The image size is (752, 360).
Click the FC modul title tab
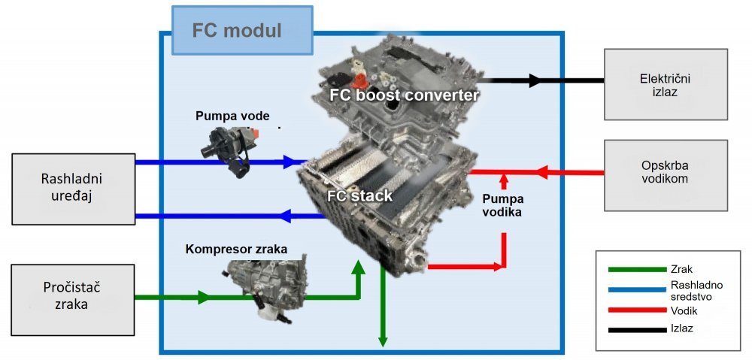[242, 30]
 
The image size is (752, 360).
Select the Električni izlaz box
[666, 84]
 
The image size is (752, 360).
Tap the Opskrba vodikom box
[666, 175]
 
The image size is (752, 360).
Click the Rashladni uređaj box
[73, 189]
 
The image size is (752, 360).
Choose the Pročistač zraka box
[73, 300]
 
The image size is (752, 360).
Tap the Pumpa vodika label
[503, 205]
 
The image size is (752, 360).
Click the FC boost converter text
[405, 95]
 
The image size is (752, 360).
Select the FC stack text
[359, 195]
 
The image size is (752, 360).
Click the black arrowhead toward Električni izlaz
[534, 80]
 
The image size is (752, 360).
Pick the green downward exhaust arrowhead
[383, 340]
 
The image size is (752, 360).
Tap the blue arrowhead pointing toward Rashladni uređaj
[285, 216]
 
